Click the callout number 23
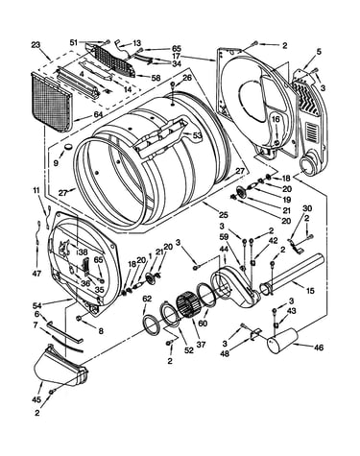coord(36,44)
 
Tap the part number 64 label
coord(98,114)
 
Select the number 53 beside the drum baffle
coord(198,135)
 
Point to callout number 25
coord(223,214)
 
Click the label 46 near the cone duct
coord(319,348)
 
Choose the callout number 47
coord(37,274)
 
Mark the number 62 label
coord(147,300)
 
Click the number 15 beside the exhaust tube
coord(310,291)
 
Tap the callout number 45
coord(37,399)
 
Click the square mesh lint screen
coord(52,102)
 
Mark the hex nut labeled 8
coord(78,318)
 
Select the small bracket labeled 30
coord(296,247)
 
